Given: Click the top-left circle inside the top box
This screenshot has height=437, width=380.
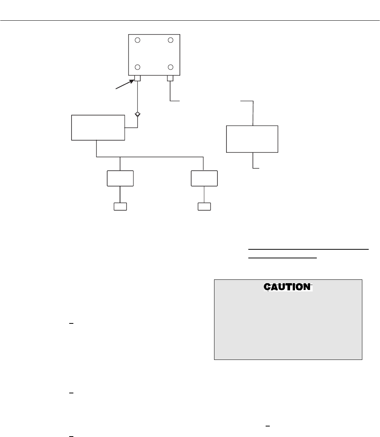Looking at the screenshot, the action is (138, 40).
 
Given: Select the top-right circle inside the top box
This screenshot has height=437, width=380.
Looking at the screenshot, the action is (170, 40).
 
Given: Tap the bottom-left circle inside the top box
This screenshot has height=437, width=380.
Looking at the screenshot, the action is (138, 67).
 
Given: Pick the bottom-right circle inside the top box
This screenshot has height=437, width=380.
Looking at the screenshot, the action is (170, 67).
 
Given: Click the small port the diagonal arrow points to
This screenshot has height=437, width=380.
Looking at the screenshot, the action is (138, 79).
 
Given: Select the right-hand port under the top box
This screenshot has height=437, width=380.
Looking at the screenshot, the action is (170, 79).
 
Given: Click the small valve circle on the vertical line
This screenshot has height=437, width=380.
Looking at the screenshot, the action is (138, 114).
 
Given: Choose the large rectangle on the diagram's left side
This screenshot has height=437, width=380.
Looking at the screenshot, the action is (98, 128).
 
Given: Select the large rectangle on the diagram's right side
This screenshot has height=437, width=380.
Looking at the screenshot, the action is (252, 139).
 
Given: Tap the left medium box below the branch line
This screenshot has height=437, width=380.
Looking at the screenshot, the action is (120, 178).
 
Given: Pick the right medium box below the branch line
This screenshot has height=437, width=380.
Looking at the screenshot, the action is (204, 178).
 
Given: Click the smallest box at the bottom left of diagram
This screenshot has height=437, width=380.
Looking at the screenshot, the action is (120, 206).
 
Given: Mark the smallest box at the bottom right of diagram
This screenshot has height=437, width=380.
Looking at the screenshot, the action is (204, 206).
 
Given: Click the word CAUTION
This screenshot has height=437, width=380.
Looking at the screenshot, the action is (288, 287).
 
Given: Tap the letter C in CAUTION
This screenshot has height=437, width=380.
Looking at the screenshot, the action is (268, 287).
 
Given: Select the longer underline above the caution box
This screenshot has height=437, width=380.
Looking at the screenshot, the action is (308, 249).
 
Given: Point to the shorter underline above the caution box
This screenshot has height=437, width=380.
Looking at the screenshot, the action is (283, 258).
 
